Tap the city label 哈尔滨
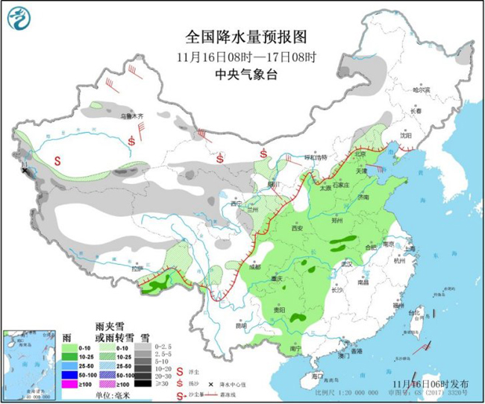click(x=422, y=89)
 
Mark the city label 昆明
click(x=240, y=326)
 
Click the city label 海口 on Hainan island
click(x=317, y=376)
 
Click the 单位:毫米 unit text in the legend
click(x=113, y=395)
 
